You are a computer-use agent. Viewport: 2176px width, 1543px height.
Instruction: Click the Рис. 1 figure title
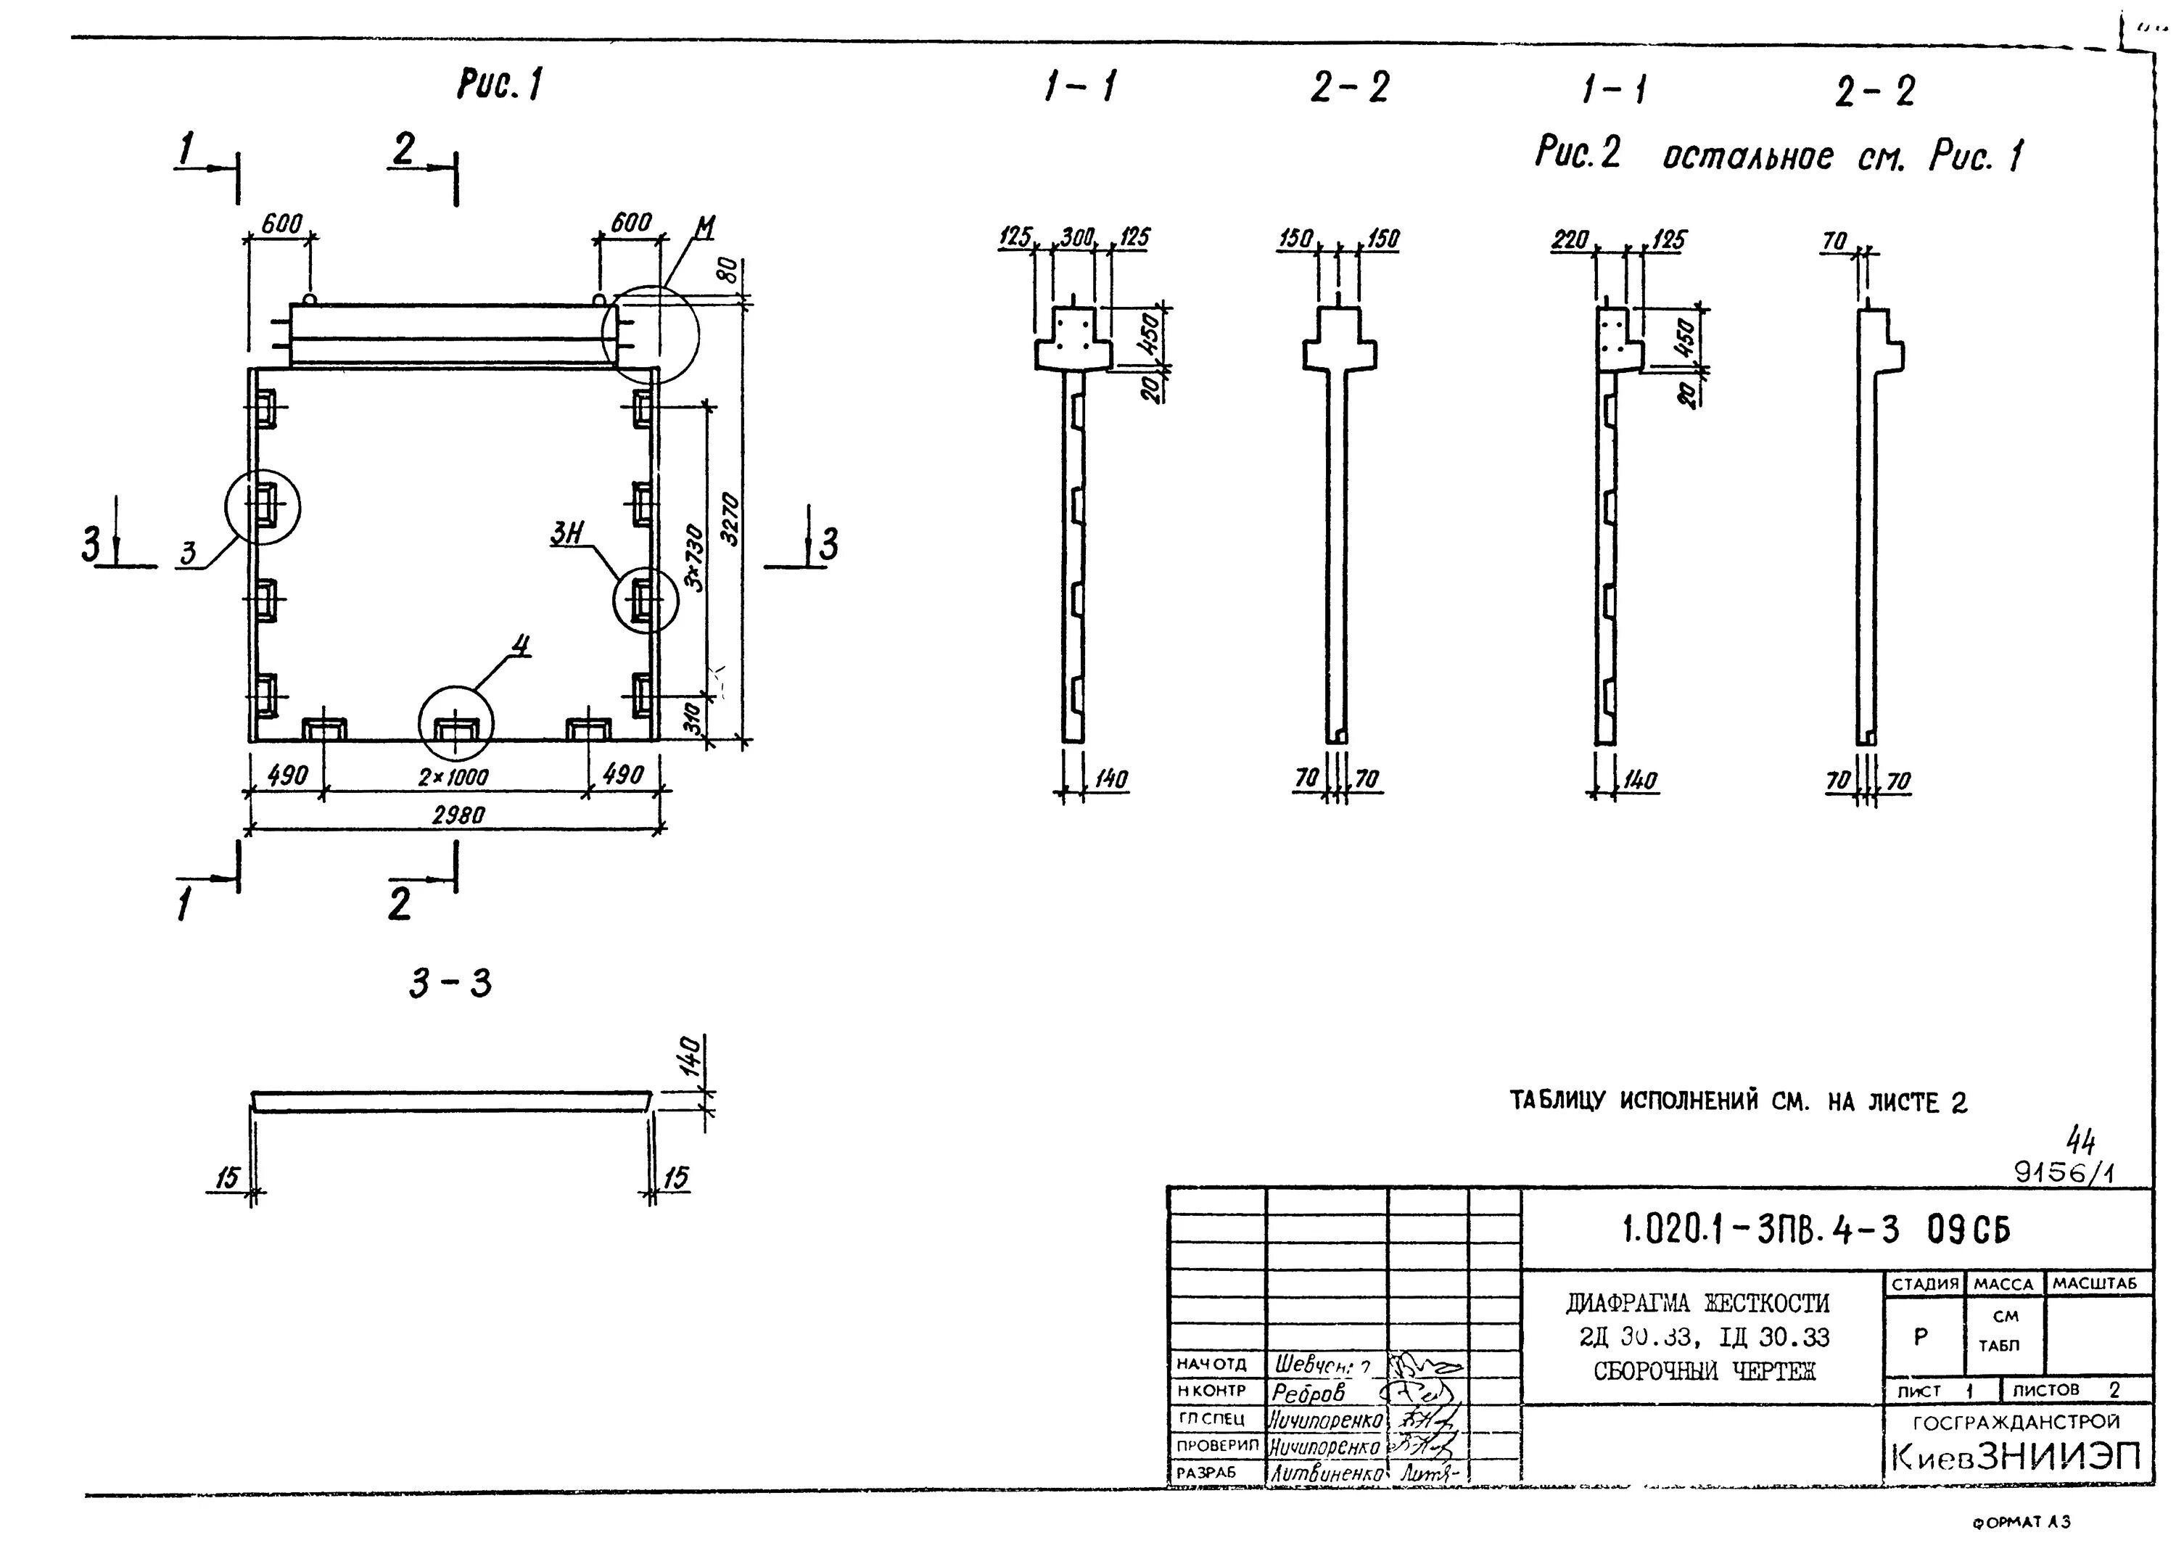pyautogui.click(x=500, y=86)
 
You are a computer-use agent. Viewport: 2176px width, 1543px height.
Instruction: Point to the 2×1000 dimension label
pyautogui.click(x=453, y=777)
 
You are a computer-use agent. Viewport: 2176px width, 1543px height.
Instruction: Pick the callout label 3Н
pyautogui.click(x=567, y=535)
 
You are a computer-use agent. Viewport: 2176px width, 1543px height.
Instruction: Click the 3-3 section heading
pyautogui.click(x=450, y=984)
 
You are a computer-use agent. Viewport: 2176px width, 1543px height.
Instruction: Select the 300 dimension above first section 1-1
pyautogui.click(x=1077, y=236)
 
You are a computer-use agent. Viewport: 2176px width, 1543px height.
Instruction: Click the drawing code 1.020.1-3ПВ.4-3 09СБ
pyautogui.click(x=1816, y=1230)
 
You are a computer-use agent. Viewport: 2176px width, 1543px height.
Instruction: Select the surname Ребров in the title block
pyautogui.click(x=1308, y=1393)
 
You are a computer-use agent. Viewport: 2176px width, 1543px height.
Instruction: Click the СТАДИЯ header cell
pyautogui.click(x=1924, y=1283)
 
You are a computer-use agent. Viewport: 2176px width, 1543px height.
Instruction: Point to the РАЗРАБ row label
pyautogui.click(x=1206, y=1473)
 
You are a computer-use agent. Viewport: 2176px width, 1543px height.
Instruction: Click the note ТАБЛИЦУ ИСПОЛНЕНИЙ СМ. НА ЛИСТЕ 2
pyautogui.click(x=1738, y=1102)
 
